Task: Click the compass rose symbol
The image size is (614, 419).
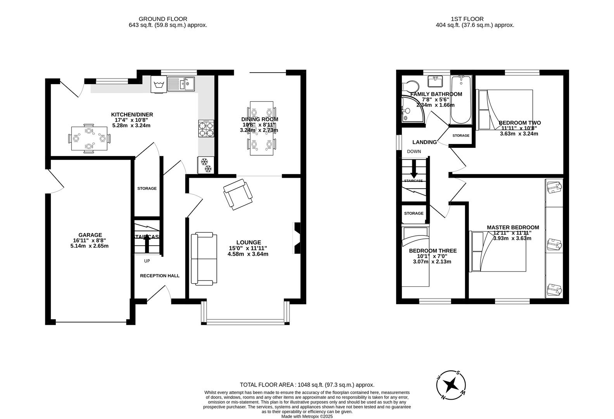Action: coord(451,385)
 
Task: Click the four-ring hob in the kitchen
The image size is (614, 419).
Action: coord(206,129)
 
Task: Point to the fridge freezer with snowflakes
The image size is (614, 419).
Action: coord(206,165)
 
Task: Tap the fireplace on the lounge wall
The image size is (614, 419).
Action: coord(297,238)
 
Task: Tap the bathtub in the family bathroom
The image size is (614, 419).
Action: coord(461,100)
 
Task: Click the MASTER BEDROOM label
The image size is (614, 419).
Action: coord(513,227)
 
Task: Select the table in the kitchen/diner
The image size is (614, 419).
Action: coord(89,139)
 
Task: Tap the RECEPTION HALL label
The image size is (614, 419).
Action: coord(159,276)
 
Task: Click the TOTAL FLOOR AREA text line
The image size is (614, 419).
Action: coord(307,385)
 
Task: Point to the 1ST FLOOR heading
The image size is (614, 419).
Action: coord(467,19)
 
